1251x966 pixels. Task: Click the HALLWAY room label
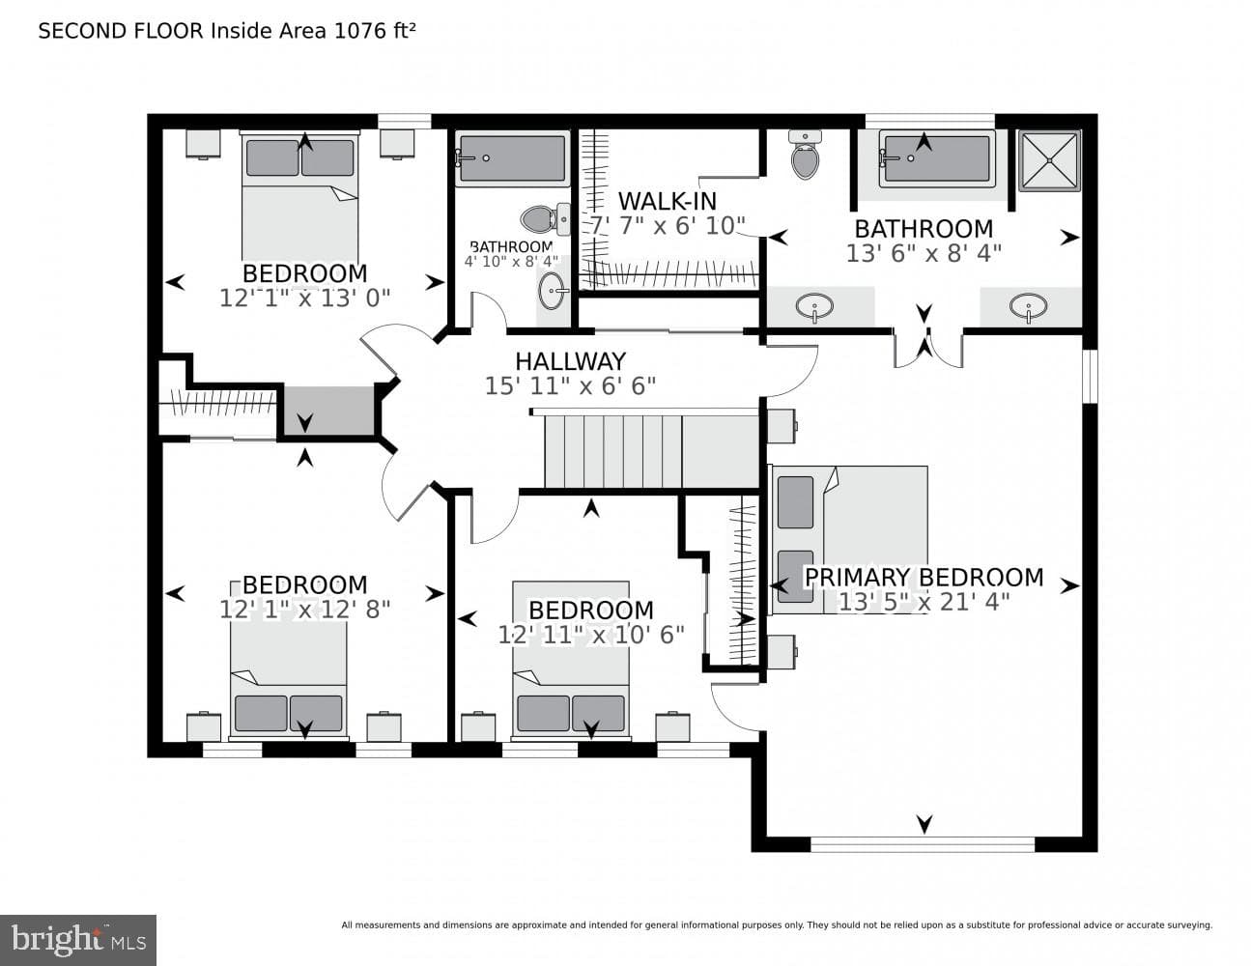(570, 361)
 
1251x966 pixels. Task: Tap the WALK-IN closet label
(668, 202)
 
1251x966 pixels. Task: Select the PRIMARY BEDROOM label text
(924, 577)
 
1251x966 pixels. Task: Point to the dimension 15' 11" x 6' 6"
(570, 385)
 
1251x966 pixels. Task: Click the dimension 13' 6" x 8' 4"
(924, 253)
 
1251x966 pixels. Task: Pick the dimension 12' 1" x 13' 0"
(304, 298)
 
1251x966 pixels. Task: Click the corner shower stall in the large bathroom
(1049, 160)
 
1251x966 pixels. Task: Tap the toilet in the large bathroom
(806, 155)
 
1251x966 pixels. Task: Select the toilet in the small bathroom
(545, 218)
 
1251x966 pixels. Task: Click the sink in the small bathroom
(553, 291)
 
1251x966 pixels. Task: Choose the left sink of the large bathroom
(814, 306)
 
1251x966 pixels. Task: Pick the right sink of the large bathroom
(1028, 305)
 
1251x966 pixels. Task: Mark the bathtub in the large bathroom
(937, 158)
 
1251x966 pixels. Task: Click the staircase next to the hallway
(650, 452)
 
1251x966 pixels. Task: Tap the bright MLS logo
(78, 940)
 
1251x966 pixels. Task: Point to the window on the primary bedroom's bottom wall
(923, 844)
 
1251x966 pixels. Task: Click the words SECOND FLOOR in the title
(121, 31)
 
